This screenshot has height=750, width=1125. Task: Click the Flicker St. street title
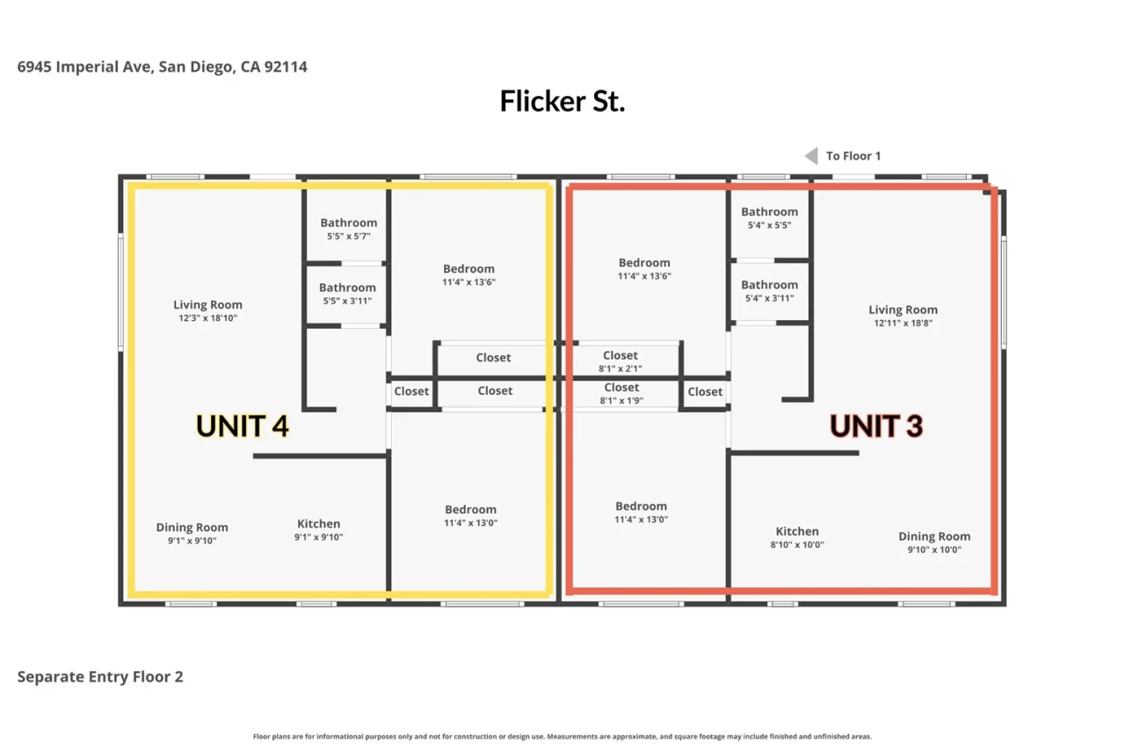(562, 101)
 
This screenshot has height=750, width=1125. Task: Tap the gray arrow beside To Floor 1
(811, 156)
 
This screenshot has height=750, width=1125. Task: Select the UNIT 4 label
(242, 426)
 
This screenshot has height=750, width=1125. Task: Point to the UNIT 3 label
(876, 426)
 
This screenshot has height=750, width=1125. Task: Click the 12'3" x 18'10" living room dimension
(208, 318)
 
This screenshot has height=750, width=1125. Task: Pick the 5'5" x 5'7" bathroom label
(349, 222)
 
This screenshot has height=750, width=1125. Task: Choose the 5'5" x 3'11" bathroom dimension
(347, 301)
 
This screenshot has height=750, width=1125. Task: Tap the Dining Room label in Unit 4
(192, 528)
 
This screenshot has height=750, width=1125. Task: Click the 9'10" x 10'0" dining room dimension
(934, 550)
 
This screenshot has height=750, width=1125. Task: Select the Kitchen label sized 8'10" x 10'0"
(797, 531)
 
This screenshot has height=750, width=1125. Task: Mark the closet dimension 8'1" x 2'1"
(621, 368)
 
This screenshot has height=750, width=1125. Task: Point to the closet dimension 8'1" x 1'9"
(621, 401)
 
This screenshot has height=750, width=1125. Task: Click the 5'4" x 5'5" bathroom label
(769, 212)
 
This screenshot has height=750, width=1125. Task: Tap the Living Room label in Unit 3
(903, 310)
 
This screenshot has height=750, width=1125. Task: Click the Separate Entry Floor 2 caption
(100, 677)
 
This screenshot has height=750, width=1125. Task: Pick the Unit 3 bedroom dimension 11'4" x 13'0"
(641, 520)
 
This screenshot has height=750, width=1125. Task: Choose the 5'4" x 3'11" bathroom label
(769, 285)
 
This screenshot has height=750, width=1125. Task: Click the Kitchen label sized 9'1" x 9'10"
(318, 524)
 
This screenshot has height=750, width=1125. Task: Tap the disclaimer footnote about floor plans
(562, 737)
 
